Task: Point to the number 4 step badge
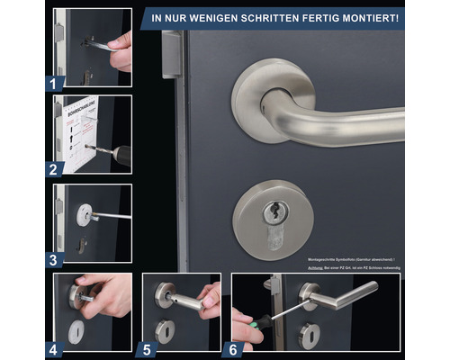[54, 346]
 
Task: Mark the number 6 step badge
[234, 346]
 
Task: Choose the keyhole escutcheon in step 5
[165, 330]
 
